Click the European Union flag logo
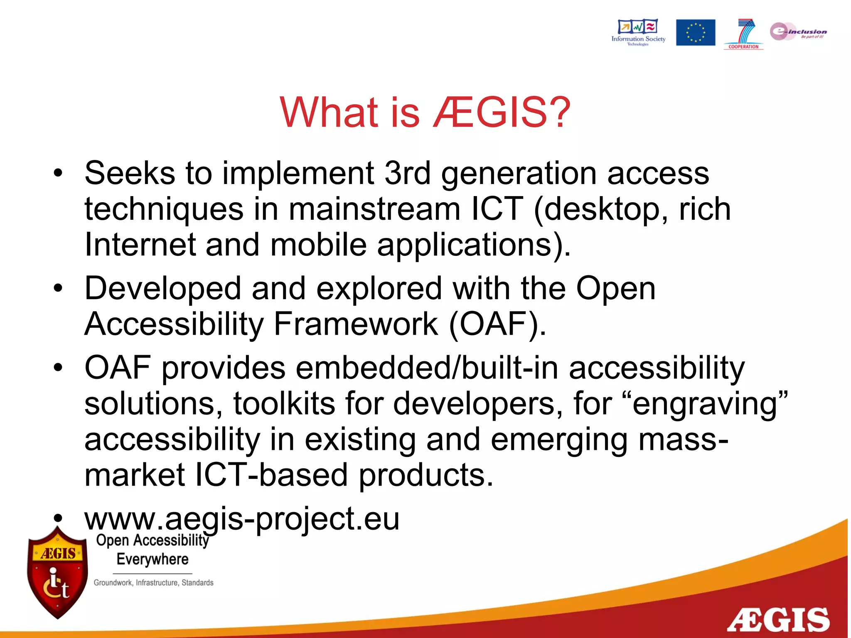(695, 32)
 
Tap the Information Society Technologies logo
(638, 32)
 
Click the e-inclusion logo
(798, 32)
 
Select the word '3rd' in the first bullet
(407, 173)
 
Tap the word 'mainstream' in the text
(374, 209)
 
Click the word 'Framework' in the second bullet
(356, 324)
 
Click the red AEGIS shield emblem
(57, 573)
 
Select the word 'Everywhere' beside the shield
(152, 559)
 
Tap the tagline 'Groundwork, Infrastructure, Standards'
(153, 583)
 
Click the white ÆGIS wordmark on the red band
(778, 620)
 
